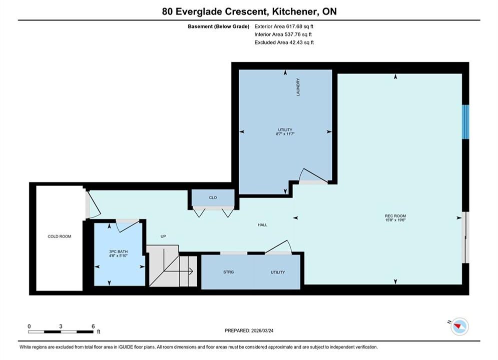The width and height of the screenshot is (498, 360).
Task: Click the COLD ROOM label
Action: [60, 236]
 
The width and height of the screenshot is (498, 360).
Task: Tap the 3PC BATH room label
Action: [118, 251]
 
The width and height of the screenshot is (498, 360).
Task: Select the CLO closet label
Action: [213, 197]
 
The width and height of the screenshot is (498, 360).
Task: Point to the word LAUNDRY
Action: [298, 87]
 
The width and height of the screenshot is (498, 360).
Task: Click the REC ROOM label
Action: [395, 216]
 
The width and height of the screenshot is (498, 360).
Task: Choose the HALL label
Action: [262, 225]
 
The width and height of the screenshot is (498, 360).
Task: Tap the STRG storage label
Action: [228, 272]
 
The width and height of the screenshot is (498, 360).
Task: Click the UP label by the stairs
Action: [163, 236]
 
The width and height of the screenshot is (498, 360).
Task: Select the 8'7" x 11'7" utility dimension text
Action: [285, 134]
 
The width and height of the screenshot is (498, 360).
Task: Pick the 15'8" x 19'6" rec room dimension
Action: [395, 220]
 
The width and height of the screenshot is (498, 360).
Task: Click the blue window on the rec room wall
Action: [465, 122]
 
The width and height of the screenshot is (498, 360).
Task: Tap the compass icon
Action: [459, 326]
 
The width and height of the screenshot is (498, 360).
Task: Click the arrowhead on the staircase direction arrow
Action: [191, 271]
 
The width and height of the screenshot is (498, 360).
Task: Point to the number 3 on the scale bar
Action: [61, 326]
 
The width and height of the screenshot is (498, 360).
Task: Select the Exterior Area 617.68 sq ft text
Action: [284, 26]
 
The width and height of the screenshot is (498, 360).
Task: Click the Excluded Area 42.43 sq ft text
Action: [284, 42]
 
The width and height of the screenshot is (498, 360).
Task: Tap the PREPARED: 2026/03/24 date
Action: [249, 330]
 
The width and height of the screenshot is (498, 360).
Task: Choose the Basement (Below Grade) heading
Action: [219, 26]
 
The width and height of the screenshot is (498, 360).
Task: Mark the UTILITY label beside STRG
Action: [278, 272]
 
